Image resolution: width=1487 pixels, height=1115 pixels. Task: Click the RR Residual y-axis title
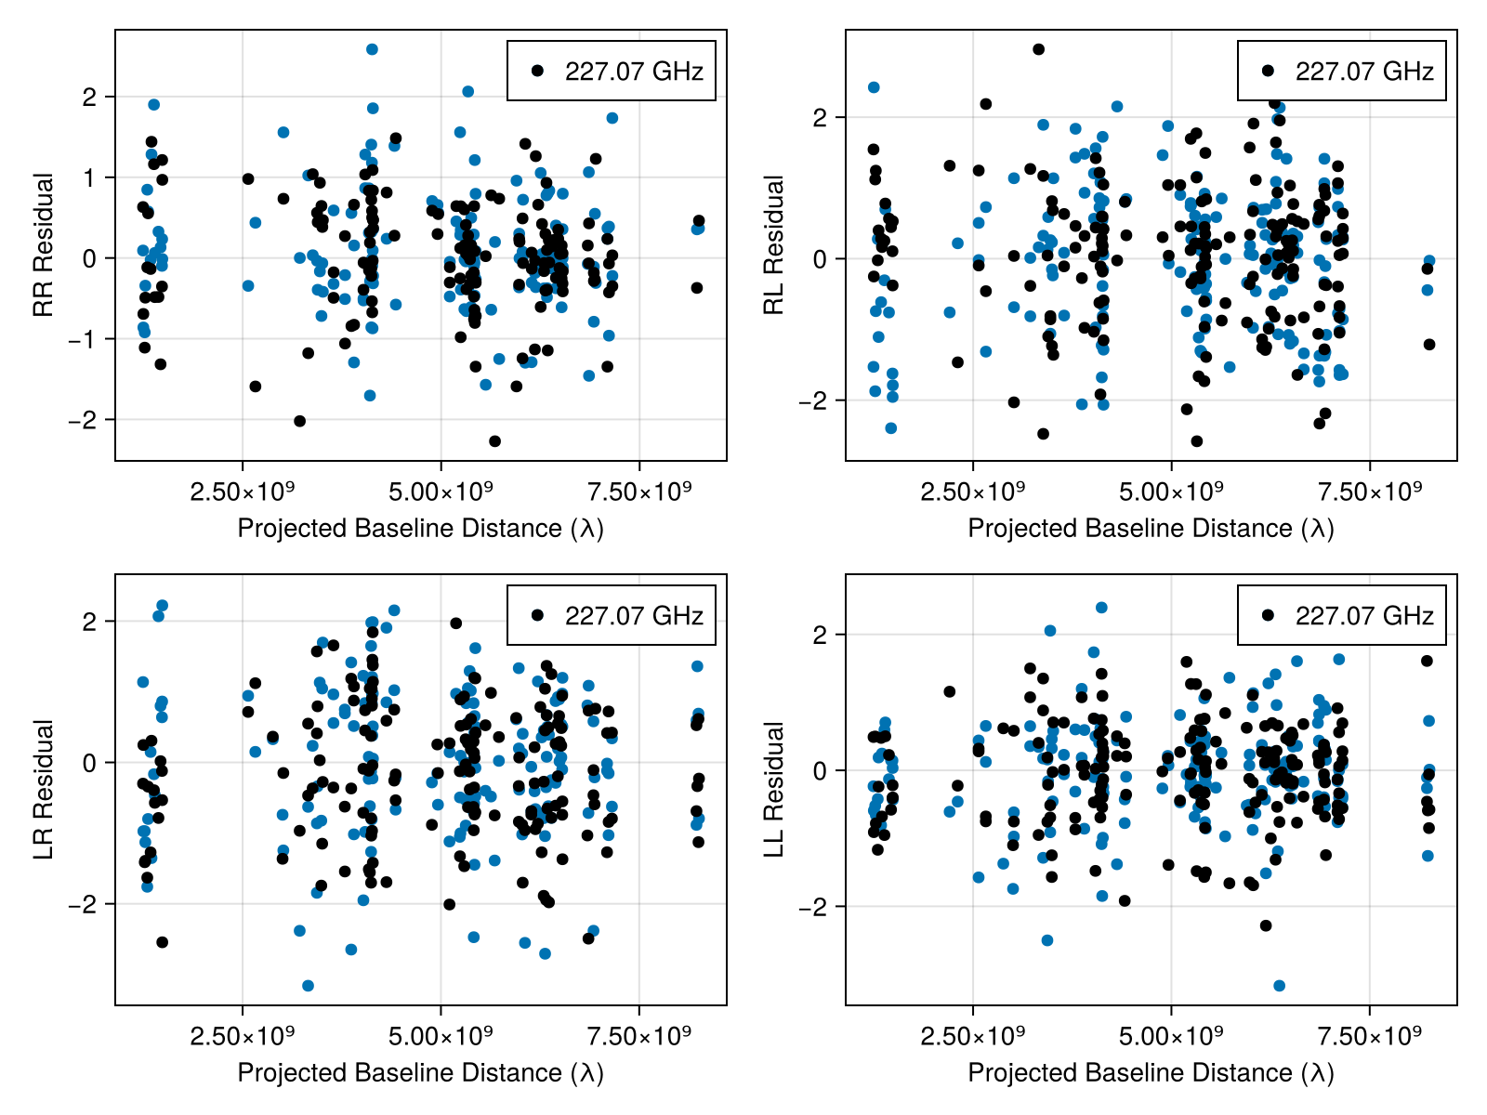[x=43, y=245]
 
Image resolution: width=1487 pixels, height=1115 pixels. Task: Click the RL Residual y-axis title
[x=773, y=245]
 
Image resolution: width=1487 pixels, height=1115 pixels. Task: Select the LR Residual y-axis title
[x=43, y=790]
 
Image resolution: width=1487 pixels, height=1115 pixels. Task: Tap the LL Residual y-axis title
[x=773, y=790]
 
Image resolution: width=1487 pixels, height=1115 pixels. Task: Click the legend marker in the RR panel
[x=537, y=71]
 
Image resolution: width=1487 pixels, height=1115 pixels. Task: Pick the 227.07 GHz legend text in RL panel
[x=1364, y=71]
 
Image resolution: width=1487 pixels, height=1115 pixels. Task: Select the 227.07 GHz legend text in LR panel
[x=634, y=615]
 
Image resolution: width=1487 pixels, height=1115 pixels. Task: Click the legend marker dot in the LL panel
[x=1268, y=615]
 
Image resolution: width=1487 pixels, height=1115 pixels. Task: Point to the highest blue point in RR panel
[x=372, y=49]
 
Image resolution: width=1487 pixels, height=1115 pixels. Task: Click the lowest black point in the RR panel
[x=494, y=441]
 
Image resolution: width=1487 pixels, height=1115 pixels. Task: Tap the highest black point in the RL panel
[x=1038, y=49]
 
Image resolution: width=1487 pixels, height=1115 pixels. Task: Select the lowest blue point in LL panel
[x=1279, y=986]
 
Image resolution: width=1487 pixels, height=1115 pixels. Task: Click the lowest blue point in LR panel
[x=308, y=986]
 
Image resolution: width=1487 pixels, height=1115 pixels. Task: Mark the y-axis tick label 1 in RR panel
[x=89, y=177]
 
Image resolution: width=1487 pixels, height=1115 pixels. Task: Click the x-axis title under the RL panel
[x=1151, y=528]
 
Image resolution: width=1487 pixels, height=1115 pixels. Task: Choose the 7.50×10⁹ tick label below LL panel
[x=1370, y=1035]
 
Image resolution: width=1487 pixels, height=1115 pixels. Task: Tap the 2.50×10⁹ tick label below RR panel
[x=242, y=491]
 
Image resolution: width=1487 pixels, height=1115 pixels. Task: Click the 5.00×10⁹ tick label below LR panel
[x=441, y=1035]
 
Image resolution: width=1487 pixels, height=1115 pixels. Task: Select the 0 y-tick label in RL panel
[x=819, y=259]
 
